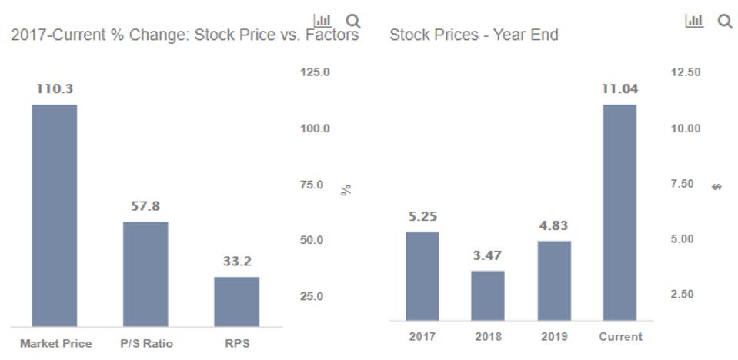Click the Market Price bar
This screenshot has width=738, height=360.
[x=55, y=215]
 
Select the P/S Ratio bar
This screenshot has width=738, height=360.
[x=145, y=274]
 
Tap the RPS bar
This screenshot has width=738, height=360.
[x=236, y=302]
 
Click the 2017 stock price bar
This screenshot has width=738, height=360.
[x=422, y=275]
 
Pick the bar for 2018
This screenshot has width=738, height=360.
[x=488, y=295]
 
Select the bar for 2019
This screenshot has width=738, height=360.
[x=554, y=280]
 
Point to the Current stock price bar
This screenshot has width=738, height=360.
[x=619, y=212]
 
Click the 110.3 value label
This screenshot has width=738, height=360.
[x=55, y=89]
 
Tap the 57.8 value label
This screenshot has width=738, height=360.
[x=145, y=206]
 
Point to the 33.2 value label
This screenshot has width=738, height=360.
[x=237, y=262]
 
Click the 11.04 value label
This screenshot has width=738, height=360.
[x=619, y=89]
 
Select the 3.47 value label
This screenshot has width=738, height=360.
[x=488, y=255]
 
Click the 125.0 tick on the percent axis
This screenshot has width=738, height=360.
[x=315, y=72]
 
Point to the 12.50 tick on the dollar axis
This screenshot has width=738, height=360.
[x=686, y=72]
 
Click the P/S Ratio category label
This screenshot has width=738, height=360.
[x=145, y=343]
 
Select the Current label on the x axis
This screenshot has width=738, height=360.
[x=620, y=337]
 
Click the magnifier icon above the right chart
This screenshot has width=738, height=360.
[x=725, y=22]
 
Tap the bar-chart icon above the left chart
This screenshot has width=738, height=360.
[x=322, y=20]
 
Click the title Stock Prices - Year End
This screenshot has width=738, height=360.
[x=474, y=35]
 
